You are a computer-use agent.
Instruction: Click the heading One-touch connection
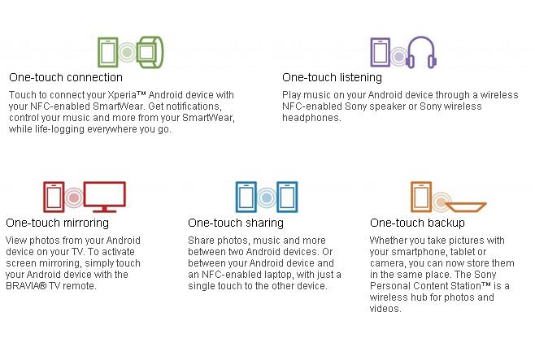[x=66, y=77]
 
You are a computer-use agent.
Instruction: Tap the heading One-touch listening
[x=332, y=78]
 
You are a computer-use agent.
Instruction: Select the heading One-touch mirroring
[x=57, y=223]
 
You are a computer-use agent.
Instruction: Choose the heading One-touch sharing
[x=236, y=223]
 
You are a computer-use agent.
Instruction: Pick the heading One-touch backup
[x=417, y=223]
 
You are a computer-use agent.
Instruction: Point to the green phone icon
[x=99, y=52]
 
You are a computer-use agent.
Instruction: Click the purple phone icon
[x=372, y=52]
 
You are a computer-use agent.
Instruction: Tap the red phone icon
[x=45, y=197]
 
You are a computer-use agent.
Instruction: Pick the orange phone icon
[x=412, y=197]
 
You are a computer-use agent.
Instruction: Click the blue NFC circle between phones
[x=267, y=197]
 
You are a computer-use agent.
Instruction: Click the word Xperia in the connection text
[x=122, y=95]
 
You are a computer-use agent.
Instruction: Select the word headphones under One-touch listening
[x=311, y=118]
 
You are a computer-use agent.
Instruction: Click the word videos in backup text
[x=385, y=309]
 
